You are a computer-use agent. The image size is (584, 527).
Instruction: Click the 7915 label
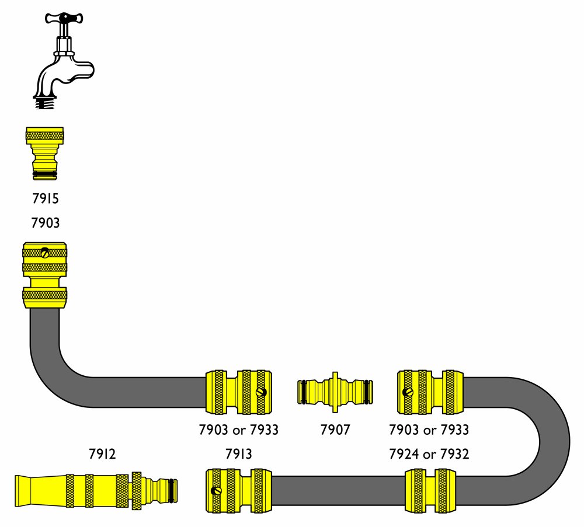coord(45,198)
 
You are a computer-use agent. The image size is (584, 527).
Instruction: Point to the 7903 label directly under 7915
coord(45,222)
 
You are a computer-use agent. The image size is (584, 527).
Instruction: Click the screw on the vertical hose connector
coord(45,253)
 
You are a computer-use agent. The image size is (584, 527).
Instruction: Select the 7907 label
coord(335,430)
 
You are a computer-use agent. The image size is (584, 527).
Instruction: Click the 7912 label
coord(102,453)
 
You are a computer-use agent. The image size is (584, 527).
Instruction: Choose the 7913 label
coord(239,453)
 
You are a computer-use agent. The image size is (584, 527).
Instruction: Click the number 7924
coord(404,453)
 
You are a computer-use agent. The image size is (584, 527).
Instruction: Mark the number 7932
coord(454,453)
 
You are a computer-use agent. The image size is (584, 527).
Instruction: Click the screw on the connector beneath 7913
coord(216,490)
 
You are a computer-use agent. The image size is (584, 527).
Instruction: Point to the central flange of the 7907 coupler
coord(335,389)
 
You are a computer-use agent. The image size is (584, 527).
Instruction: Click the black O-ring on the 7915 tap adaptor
coord(45,174)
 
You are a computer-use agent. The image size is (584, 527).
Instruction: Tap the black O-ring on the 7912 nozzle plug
coord(172,487)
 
